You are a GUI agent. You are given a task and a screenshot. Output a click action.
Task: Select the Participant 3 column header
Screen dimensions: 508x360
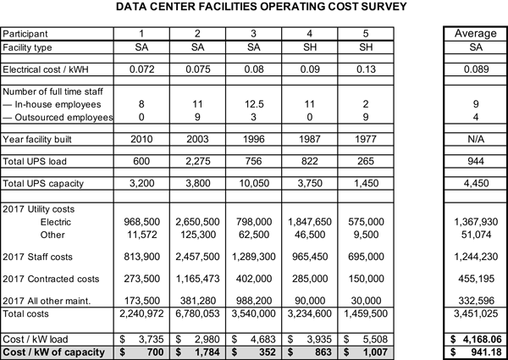pos(253,34)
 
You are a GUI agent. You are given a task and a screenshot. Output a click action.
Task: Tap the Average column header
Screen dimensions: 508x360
pos(476,33)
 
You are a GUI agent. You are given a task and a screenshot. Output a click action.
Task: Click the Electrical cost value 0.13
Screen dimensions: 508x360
pos(366,69)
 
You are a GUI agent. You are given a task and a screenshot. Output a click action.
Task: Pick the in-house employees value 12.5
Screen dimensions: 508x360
pos(254,104)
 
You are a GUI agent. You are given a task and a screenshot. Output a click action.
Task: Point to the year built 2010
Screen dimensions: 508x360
pos(141,139)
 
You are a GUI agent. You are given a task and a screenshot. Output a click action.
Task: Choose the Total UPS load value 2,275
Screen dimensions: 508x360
pos(198,162)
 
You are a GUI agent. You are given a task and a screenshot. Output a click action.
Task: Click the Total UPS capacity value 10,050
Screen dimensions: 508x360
pos(254,184)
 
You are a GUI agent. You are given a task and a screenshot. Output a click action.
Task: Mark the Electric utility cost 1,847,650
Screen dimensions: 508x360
pos(310,222)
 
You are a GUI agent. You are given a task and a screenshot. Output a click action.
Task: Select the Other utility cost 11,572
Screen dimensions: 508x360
pos(142,235)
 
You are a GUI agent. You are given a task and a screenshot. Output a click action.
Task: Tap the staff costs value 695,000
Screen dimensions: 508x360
pos(366,257)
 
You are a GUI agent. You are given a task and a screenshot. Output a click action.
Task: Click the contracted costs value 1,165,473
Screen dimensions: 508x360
pos(197,279)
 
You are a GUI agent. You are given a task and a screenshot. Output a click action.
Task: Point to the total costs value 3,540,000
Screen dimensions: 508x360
pos(254,313)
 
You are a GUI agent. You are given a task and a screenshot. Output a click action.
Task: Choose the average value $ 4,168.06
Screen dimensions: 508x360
pos(476,340)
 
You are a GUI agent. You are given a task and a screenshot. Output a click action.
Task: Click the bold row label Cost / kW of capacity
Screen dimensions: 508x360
pos(54,352)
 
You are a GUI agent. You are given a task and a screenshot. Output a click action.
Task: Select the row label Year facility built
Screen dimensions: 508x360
pos(37,139)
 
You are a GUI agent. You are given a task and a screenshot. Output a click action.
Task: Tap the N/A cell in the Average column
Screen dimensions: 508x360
pos(476,139)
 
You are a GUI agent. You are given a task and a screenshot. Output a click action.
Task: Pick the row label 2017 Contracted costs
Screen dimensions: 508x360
pos(51,279)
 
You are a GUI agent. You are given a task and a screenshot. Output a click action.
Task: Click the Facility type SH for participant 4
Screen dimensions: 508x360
pos(310,47)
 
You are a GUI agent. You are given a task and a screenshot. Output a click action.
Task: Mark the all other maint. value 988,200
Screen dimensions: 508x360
pos(254,301)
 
